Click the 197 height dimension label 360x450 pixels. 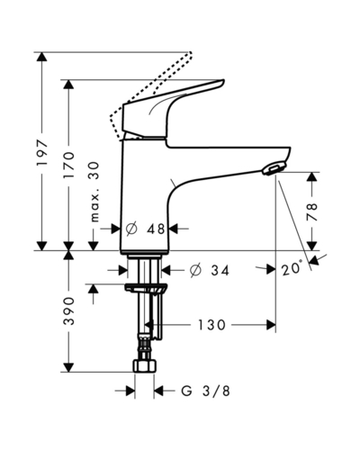tap(41, 153)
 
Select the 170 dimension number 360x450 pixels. tap(69, 166)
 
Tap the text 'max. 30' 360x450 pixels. tap(94, 192)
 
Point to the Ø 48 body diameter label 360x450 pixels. tap(145, 229)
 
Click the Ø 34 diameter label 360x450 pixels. tap(210, 270)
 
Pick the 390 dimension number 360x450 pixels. tap(69, 310)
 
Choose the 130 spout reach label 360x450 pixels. tap(211, 325)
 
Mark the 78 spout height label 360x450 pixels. tap(312, 211)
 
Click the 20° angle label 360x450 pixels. tap(292, 268)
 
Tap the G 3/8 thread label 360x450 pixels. tap(206, 391)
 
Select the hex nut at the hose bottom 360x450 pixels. tap(145, 366)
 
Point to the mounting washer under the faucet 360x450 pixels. tap(145, 287)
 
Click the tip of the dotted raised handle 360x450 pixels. tap(190, 54)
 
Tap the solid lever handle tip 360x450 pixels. tap(222, 81)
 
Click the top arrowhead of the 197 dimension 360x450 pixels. tap(41, 57)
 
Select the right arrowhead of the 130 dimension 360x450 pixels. tap(271, 325)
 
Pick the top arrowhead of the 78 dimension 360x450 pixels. tap(312, 176)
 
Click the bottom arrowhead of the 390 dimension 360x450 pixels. tap(69, 367)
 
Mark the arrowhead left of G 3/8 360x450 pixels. tap(130, 391)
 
